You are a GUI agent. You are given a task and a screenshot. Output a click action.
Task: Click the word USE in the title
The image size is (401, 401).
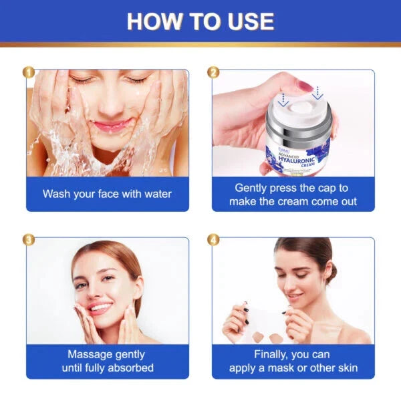(247, 21)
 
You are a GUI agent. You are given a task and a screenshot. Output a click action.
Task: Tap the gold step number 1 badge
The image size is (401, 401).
(27, 72)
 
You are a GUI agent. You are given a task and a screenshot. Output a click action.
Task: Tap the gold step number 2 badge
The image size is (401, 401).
(213, 72)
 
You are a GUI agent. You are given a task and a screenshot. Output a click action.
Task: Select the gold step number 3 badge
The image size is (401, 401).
(27, 239)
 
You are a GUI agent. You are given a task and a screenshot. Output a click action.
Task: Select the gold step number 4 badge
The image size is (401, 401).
(213, 239)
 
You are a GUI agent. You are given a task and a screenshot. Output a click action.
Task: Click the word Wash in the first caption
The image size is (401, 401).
(57, 194)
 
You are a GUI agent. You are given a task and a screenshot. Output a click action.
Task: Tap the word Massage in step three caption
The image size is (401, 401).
(90, 355)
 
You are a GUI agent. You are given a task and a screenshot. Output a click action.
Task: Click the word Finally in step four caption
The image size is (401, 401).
(272, 355)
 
